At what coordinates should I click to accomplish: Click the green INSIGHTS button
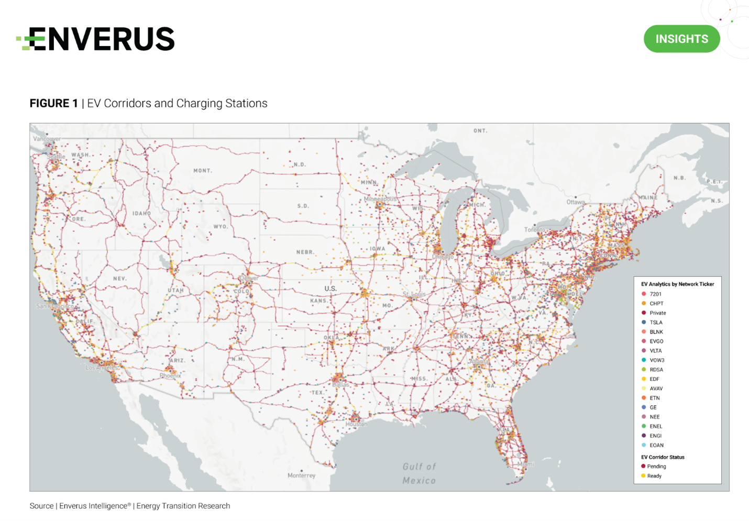681,39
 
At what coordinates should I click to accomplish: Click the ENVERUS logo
96,39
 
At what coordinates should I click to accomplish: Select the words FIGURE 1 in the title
53,103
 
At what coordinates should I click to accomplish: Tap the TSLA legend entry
655,323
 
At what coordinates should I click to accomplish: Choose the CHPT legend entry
656,304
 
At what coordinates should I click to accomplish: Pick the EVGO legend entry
656,341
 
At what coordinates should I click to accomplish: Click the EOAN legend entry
656,445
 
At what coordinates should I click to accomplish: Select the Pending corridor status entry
656,466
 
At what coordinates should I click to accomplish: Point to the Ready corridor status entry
654,476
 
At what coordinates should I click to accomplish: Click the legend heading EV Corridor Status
663,457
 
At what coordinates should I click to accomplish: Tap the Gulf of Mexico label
419,473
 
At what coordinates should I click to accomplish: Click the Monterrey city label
302,475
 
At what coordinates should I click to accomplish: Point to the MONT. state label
203,171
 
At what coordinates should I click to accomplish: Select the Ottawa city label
575,202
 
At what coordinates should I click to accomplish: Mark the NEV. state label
120,279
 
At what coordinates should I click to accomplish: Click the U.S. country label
330,289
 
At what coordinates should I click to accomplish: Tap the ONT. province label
480,131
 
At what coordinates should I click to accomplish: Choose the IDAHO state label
141,214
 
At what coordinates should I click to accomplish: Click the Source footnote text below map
130,506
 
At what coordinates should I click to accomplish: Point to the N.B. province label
679,178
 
